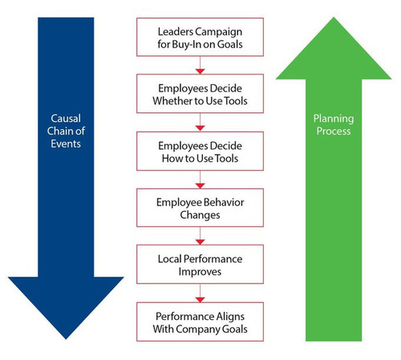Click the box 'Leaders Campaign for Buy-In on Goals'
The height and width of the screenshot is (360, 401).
200,37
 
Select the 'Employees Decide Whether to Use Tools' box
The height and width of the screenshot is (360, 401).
200,94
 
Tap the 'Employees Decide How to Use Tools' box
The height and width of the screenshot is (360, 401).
200,151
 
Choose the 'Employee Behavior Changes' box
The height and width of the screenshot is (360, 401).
200,208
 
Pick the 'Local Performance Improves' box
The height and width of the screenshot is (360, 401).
200,264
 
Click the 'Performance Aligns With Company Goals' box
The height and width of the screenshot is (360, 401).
200,322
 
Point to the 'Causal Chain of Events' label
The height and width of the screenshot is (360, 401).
66,131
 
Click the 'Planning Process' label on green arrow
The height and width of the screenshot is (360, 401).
334,124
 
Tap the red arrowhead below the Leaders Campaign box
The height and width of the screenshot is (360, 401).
200,71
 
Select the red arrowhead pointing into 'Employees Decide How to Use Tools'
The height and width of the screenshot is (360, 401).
200,128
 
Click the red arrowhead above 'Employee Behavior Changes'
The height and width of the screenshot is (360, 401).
200,186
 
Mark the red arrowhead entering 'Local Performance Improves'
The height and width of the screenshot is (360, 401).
200,242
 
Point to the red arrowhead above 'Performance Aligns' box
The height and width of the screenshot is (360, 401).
200,300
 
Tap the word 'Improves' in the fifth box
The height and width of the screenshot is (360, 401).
200,272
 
